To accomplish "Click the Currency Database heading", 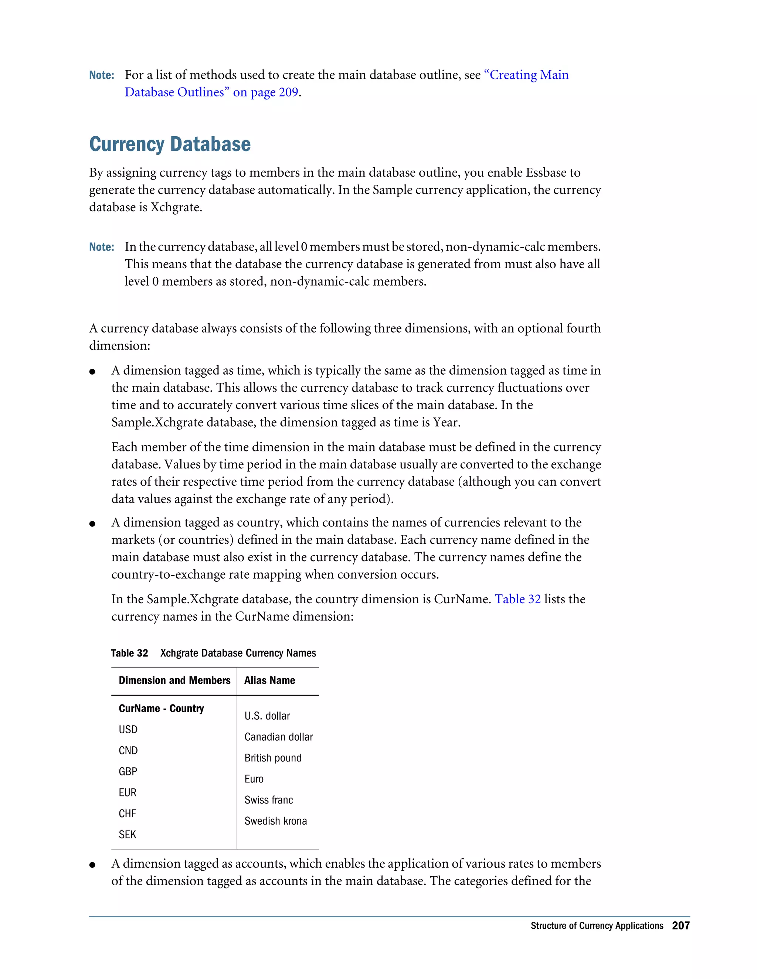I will tap(170, 144).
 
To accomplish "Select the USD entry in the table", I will tap(128, 729).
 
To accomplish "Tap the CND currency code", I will tap(128, 750).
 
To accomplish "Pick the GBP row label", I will tap(128, 771).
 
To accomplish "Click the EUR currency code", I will tap(128, 792).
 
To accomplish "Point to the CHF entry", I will tap(128, 813).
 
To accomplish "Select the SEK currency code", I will tap(128, 835).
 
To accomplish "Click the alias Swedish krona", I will tap(275, 821).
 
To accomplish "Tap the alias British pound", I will tap(273, 758).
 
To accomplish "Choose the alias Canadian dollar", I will tap(278, 737).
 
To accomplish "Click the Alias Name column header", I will tap(269, 680).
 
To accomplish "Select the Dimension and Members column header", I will tap(174, 680).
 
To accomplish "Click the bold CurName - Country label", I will tap(161, 708).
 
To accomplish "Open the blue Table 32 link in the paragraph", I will tap(517, 599).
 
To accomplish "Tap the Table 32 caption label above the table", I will tap(129, 653).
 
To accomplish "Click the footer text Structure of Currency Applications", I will tap(597, 926).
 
